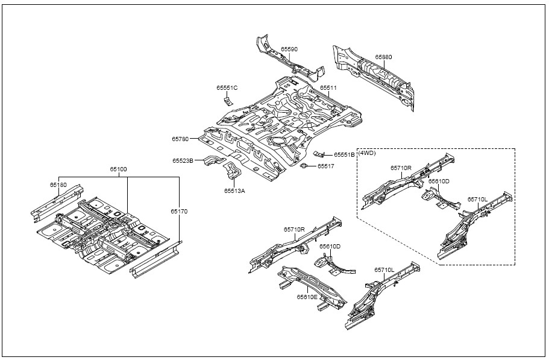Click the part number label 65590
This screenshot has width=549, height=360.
point(289,49)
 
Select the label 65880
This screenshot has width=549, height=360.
point(383,57)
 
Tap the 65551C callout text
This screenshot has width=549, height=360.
point(227,87)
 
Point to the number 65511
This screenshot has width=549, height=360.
point(328,87)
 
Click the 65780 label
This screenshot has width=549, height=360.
point(180,139)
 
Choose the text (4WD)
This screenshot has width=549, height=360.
point(367,153)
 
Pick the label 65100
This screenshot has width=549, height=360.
point(118,170)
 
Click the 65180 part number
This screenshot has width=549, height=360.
point(58,185)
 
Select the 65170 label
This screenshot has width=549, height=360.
point(178,211)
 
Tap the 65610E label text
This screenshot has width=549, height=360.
point(307,297)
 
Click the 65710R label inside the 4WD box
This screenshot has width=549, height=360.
point(401,168)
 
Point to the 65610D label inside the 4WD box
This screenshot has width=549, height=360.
point(439,181)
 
